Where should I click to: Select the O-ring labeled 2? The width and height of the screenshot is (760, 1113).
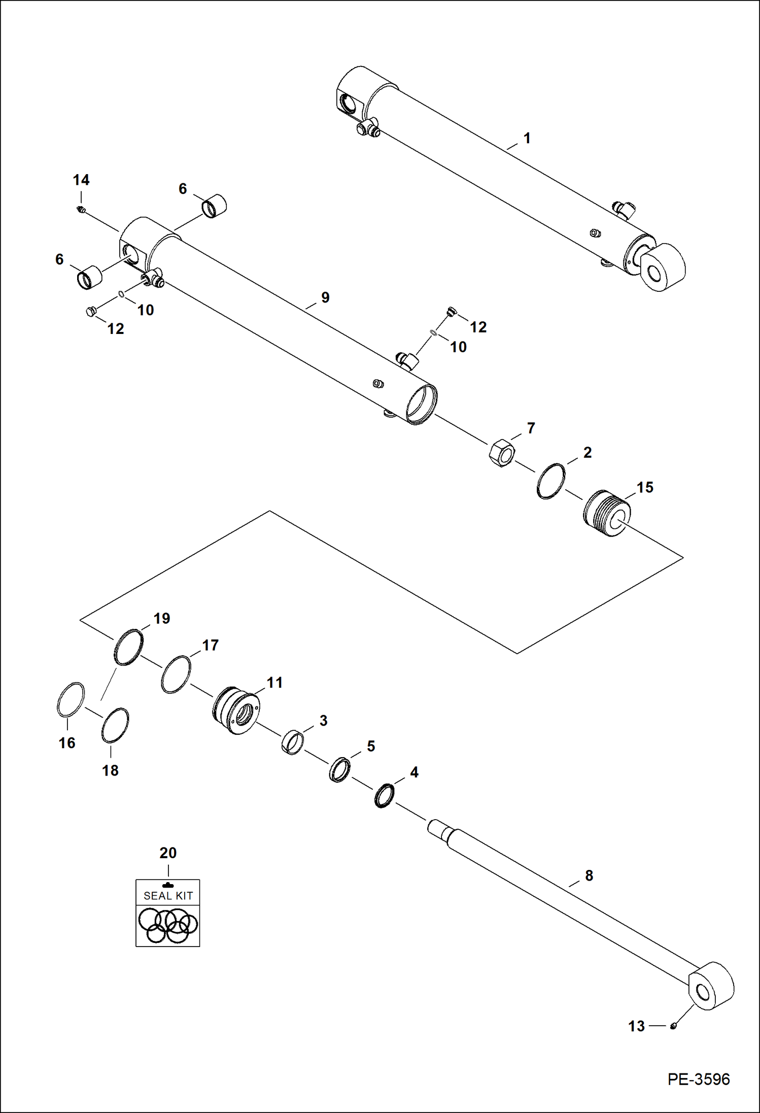pyautogui.click(x=550, y=481)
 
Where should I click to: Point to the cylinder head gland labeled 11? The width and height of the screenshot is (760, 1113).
pyautogui.click(x=236, y=711)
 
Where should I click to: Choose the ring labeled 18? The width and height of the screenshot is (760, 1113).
pyautogui.click(x=115, y=725)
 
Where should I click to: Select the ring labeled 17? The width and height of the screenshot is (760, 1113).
pyautogui.click(x=176, y=674)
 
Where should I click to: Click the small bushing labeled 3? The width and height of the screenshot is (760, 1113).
pyautogui.click(x=293, y=743)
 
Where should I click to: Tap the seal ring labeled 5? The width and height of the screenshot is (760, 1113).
pyautogui.click(x=339, y=770)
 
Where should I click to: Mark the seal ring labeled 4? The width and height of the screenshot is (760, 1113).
pyautogui.click(x=385, y=796)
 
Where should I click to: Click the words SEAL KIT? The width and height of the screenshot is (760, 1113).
pyautogui.click(x=168, y=896)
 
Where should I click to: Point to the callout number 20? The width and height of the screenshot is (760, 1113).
pyautogui.click(x=168, y=853)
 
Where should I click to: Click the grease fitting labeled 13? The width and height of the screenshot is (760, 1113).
pyautogui.click(x=673, y=1026)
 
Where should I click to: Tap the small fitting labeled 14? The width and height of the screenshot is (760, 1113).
pyautogui.click(x=80, y=210)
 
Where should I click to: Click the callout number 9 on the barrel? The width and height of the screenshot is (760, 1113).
pyautogui.click(x=325, y=297)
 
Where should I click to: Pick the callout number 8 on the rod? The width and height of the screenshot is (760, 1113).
pyautogui.click(x=589, y=875)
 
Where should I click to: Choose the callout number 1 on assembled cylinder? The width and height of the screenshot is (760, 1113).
pyautogui.click(x=527, y=138)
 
